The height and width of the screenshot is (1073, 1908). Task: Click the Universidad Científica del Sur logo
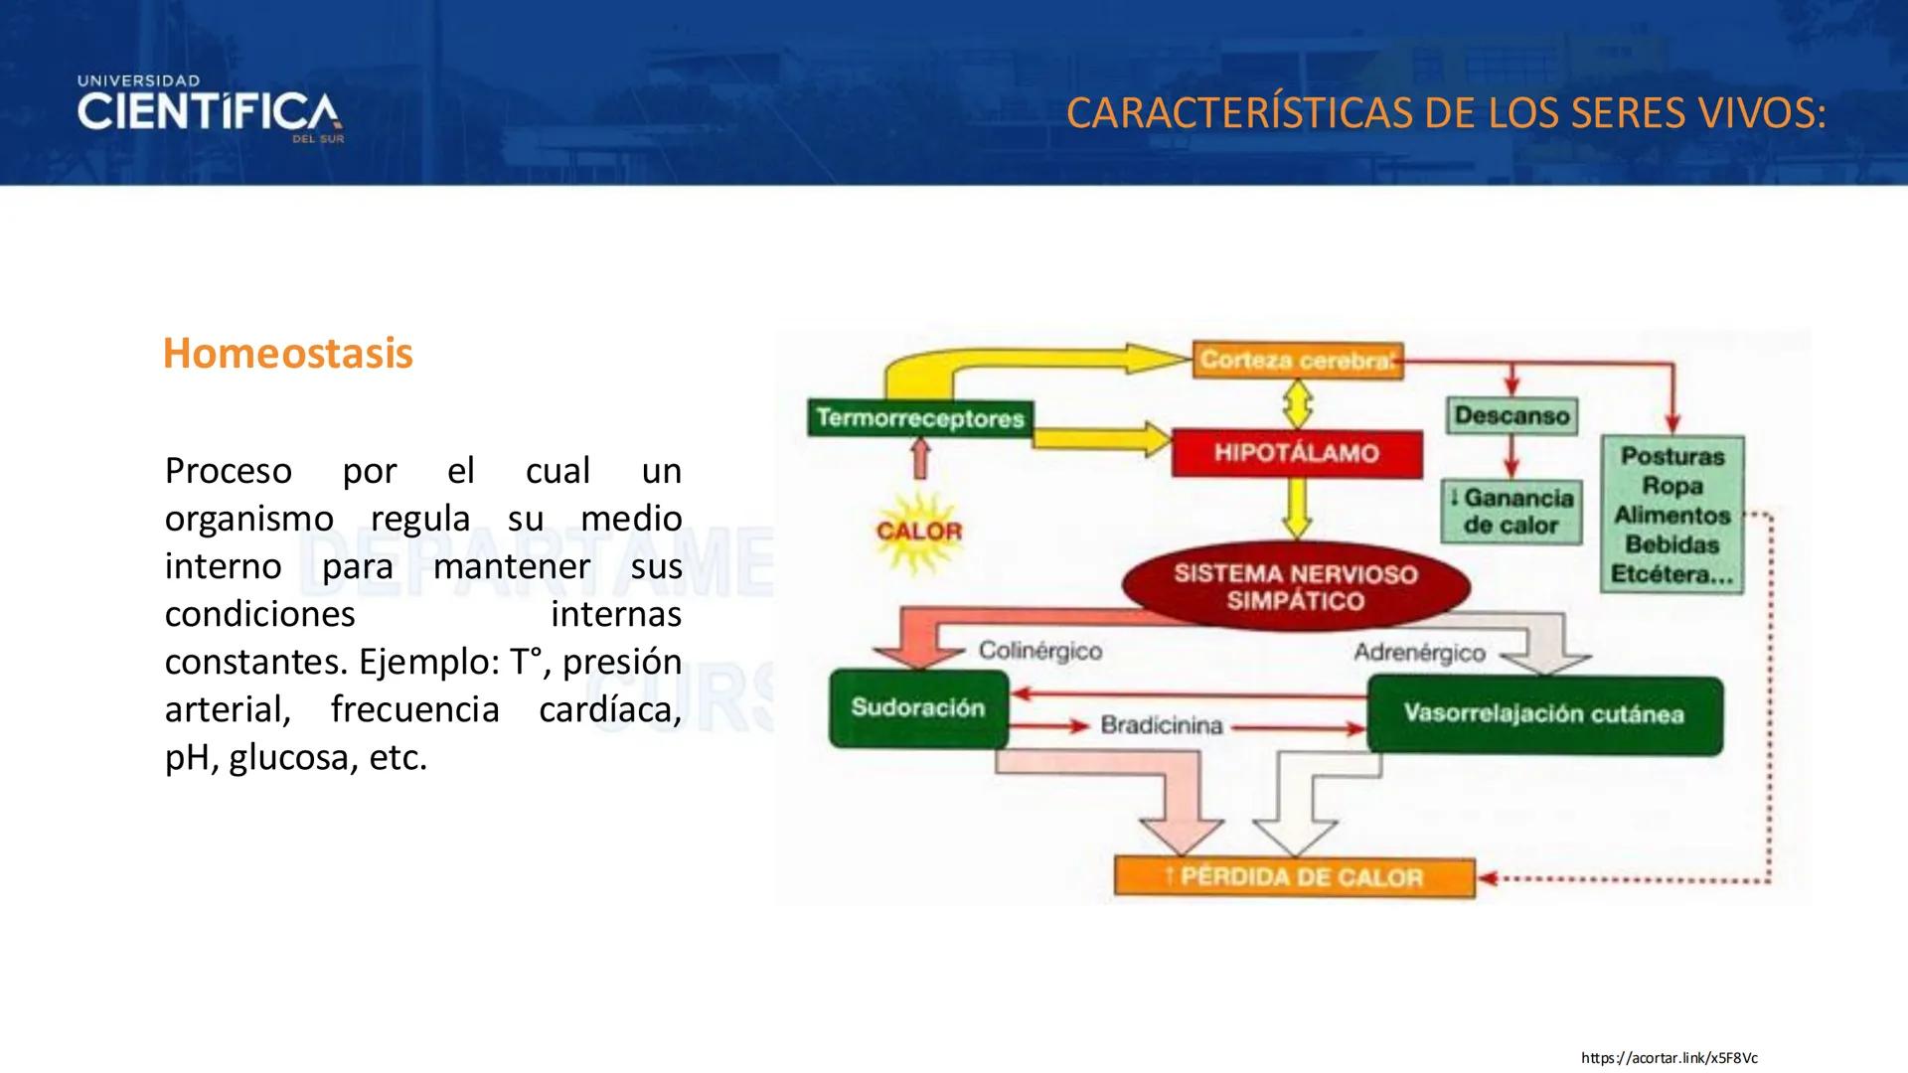pyautogui.click(x=210, y=109)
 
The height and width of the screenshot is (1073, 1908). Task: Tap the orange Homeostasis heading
pyautogui.click(x=287, y=354)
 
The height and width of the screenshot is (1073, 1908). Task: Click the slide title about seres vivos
pyautogui.click(x=1445, y=113)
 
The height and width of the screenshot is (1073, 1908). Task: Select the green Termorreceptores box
pyautogui.click(x=920, y=418)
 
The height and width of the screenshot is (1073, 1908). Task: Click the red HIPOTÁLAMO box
pyautogui.click(x=1296, y=454)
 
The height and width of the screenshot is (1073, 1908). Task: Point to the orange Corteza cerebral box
pyautogui.click(x=1297, y=360)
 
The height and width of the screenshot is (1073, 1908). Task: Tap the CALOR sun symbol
pyautogui.click(x=918, y=532)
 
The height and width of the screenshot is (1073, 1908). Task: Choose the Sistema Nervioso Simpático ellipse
pyautogui.click(x=1295, y=587)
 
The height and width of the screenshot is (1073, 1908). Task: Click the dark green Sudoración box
pyautogui.click(x=917, y=708)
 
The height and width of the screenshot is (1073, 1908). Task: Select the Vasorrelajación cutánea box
pyautogui.click(x=1543, y=714)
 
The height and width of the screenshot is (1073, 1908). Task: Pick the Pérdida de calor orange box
pyautogui.click(x=1294, y=877)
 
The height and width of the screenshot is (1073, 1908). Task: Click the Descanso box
pyautogui.click(x=1511, y=415)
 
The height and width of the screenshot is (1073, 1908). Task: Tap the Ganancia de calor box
pyautogui.click(x=1511, y=512)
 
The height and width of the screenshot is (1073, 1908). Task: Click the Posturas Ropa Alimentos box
pyautogui.click(x=1671, y=515)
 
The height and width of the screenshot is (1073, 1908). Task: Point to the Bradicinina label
pyautogui.click(x=1161, y=726)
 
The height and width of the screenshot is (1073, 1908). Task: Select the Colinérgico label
pyautogui.click(x=1039, y=652)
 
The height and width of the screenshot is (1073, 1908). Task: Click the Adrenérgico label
pyautogui.click(x=1419, y=653)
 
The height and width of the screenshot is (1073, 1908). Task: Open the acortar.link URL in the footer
pyautogui.click(x=1669, y=1058)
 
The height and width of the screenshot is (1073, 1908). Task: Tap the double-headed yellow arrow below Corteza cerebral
pyautogui.click(x=1297, y=405)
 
